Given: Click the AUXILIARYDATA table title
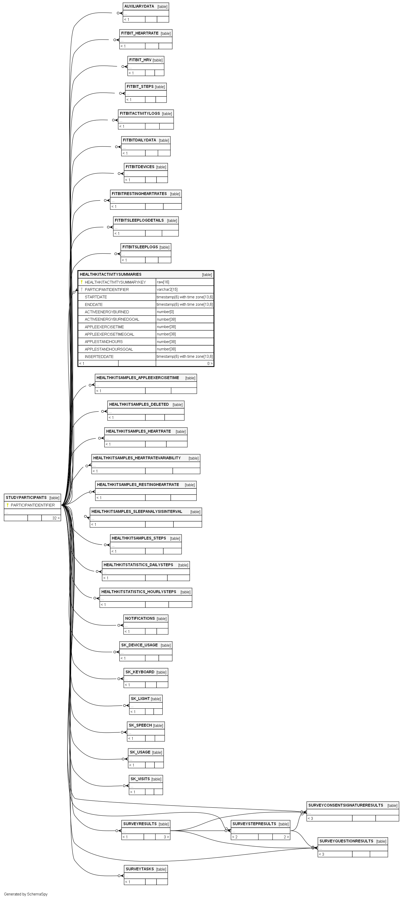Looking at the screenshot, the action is coord(139,6).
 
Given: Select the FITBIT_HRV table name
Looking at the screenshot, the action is coord(140,60).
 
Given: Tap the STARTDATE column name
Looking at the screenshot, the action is coord(96,297).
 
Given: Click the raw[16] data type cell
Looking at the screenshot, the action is coord(163,282).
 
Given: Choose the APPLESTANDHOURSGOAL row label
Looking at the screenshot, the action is coord(109,349).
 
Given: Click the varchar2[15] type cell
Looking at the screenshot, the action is coord(167,290).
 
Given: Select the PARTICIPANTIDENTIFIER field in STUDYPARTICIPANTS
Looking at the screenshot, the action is coord(33,505).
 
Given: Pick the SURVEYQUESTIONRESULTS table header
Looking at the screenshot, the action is coord(346,841).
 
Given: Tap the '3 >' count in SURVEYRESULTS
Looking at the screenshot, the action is coord(166,837).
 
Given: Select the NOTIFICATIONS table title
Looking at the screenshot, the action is coord(140,618).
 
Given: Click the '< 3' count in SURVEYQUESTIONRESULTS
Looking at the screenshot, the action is coord(321,854).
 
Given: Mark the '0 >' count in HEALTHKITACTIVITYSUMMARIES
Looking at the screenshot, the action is coord(210,364).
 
